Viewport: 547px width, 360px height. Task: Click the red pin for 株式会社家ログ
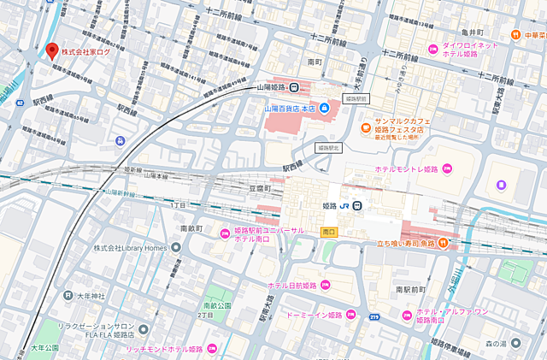(x=51, y=50)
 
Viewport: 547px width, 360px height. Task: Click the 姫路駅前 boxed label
(x=355, y=100)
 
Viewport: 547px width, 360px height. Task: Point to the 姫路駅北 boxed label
(x=327, y=148)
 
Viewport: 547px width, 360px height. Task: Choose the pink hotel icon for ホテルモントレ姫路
(x=447, y=168)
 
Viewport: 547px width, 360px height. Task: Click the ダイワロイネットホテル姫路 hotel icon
(x=434, y=47)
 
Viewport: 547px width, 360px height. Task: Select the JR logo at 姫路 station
(x=343, y=206)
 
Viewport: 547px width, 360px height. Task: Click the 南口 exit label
(x=328, y=232)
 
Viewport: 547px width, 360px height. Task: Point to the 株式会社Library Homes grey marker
(x=176, y=248)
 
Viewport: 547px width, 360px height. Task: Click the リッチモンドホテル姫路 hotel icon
(x=210, y=349)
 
